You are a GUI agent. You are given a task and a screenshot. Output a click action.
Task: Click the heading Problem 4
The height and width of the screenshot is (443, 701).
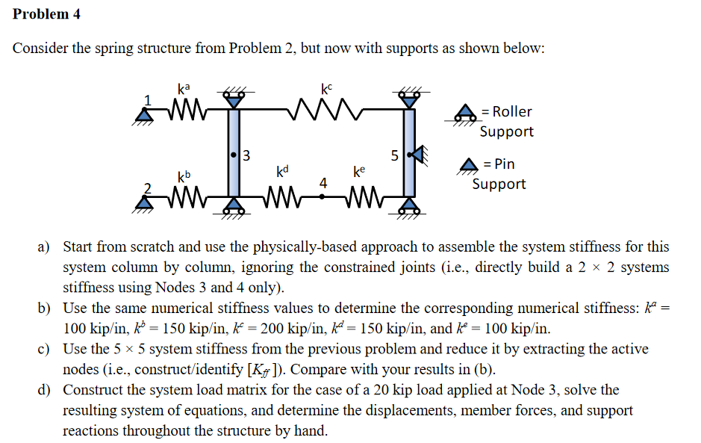46,14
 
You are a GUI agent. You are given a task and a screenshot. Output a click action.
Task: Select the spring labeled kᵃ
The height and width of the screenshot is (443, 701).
184,113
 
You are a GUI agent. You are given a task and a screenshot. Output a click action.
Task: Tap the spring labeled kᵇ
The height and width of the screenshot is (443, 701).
184,198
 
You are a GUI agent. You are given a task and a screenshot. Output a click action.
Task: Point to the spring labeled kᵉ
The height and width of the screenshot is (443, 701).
361,198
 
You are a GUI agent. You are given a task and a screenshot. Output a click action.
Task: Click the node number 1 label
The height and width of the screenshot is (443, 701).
148,99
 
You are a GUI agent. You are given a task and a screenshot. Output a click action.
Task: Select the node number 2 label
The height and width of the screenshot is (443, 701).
148,187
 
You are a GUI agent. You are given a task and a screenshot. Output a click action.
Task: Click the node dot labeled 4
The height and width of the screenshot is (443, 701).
323,197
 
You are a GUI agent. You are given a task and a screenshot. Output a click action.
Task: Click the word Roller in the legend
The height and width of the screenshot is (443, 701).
512,111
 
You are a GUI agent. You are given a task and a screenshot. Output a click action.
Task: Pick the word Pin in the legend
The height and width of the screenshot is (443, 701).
505,164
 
